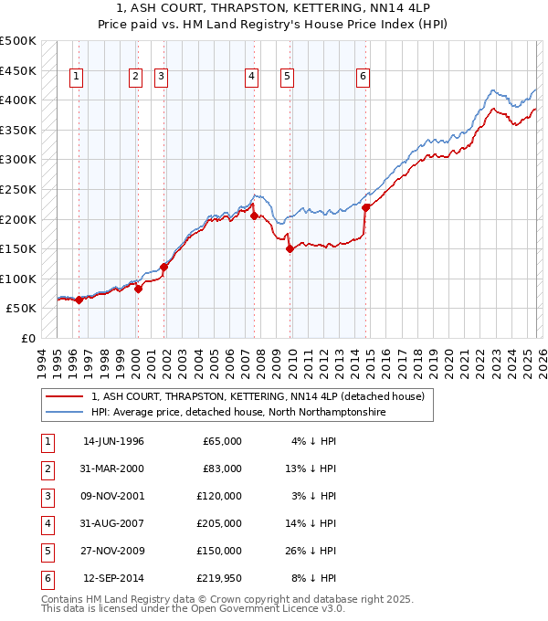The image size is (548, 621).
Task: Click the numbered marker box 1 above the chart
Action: pos(75,78)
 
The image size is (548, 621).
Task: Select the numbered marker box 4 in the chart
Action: pos(250,78)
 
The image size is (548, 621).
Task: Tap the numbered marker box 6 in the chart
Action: pos(364,78)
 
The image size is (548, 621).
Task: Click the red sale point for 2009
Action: pos(290,248)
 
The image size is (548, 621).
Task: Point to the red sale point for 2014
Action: pos(366,207)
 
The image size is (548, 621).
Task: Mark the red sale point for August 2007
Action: pos(254,216)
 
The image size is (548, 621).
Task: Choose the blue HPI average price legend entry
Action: pos(237,413)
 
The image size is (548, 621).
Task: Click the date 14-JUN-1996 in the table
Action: pos(113,441)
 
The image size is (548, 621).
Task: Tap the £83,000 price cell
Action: pos(222,468)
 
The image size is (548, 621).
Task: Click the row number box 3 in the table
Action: pos(47,496)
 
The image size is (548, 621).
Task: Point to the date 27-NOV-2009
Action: pos(113,551)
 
